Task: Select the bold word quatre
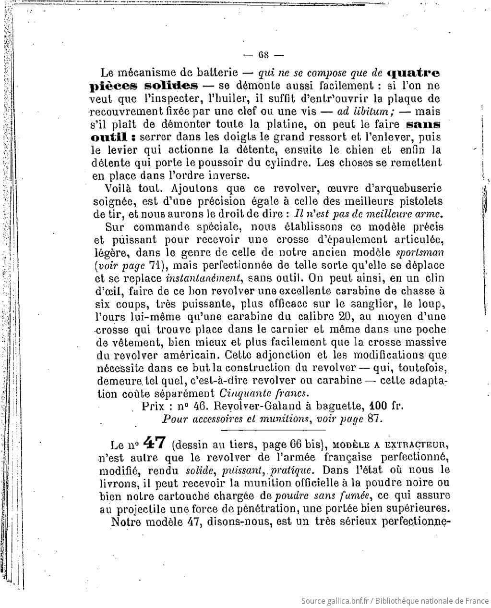pos(413,74)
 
